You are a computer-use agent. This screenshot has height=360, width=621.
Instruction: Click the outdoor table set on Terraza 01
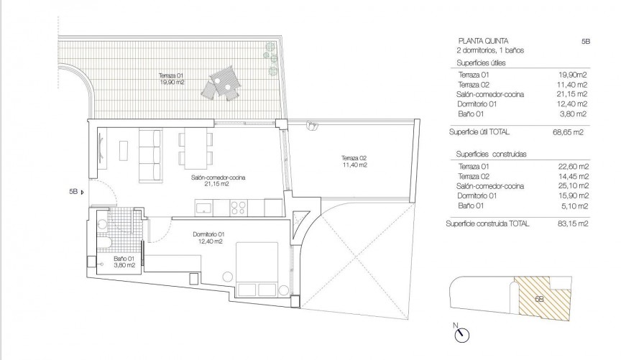pos(220,85)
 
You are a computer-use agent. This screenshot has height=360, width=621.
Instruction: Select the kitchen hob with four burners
pos(239,208)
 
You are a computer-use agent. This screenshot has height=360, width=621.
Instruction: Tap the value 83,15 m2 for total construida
pos(574,224)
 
